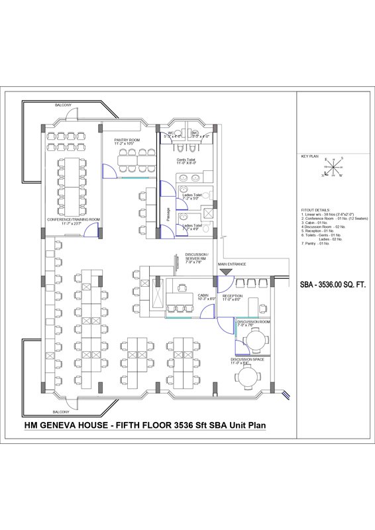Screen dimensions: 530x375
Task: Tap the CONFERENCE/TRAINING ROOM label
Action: click(74, 221)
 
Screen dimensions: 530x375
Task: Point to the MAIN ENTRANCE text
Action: click(232, 264)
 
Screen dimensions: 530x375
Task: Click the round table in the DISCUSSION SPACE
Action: click(249, 378)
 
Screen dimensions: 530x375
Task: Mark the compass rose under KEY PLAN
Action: click(332, 168)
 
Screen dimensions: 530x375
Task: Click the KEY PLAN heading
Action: click(310, 156)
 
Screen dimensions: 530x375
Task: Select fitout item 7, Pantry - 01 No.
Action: click(320, 244)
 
